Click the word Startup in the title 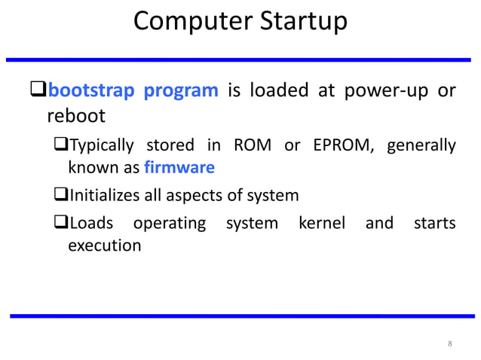point(303,22)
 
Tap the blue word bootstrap point(91,91)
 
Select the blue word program point(181,91)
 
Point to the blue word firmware point(179,166)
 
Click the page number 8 point(450,344)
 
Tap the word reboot point(76,117)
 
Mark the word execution point(104,246)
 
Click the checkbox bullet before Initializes point(62,196)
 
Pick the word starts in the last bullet point(434,224)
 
